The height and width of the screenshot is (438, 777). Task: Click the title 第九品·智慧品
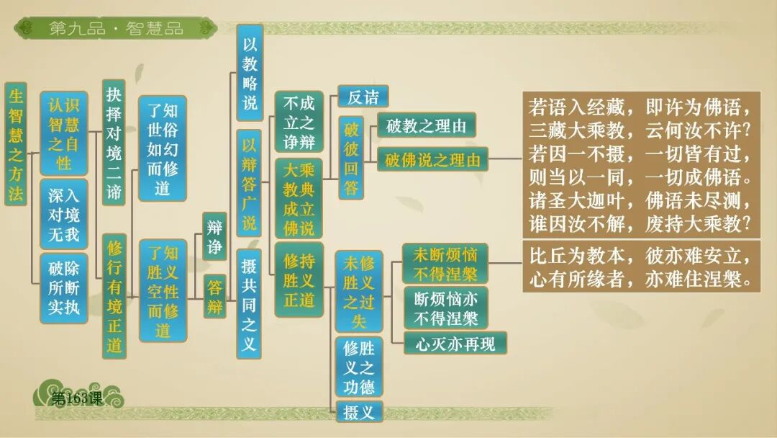[x=116, y=29]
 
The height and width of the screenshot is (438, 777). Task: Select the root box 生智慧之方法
[x=16, y=143]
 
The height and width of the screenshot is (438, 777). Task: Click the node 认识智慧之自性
[x=63, y=133]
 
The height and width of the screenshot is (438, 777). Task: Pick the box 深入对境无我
[x=63, y=214]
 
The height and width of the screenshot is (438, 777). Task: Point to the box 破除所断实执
[x=63, y=288]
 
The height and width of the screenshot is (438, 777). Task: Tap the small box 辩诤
[x=214, y=236]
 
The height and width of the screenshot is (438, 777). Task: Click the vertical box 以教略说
[x=250, y=73]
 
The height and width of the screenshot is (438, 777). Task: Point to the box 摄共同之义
[x=249, y=303]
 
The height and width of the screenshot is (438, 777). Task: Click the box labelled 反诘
[x=363, y=97]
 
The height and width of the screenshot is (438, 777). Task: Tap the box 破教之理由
[x=426, y=127]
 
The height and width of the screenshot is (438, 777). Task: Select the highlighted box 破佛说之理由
[x=432, y=159]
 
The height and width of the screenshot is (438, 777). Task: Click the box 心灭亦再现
[x=455, y=344]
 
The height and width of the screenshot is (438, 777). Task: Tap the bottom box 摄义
[x=359, y=412]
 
